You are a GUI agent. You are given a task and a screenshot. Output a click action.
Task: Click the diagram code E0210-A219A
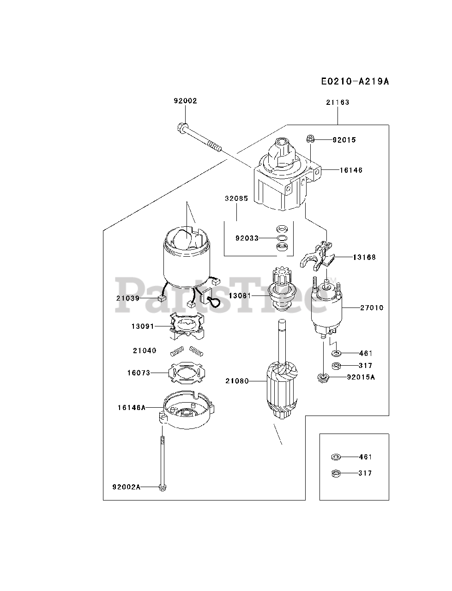tap(355, 81)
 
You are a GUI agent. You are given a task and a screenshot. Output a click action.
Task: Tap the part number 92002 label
tap(185, 101)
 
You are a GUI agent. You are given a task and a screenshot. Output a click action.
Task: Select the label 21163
tap(337, 103)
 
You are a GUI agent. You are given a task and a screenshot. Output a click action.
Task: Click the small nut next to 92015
tap(310, 139)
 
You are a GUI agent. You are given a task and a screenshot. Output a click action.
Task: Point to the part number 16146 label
tap(351, 170)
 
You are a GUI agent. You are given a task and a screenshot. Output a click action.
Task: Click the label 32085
tap(236, 199)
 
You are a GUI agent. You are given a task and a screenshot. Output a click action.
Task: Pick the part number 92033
tap(247, 238)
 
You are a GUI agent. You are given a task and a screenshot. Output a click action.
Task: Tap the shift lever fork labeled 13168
tap(316, 256)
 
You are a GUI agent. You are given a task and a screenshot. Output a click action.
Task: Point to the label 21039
tap(128, 298)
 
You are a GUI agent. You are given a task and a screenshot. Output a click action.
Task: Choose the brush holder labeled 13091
tap(187, 326)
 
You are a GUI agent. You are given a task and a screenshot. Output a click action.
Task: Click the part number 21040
tap(145, 350)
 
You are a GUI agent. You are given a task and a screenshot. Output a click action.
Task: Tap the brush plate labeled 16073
tap(187, 373)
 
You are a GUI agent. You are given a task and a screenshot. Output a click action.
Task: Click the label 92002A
tap(127, 487)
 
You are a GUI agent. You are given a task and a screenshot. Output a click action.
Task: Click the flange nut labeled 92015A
tap(323, 378)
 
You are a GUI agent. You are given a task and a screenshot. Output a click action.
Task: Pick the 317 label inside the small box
tap(365, 473)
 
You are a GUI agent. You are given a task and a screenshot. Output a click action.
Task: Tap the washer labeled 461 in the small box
tap(336, 457)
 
